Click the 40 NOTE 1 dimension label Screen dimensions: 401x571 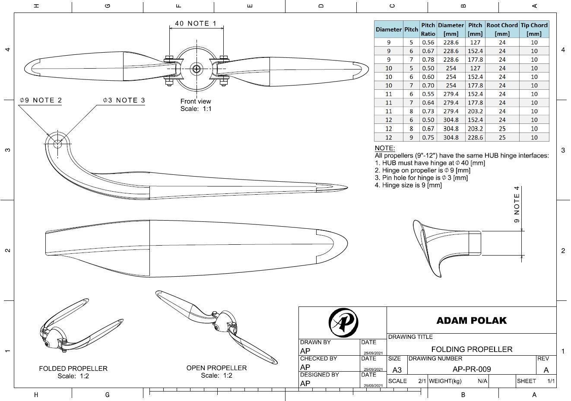click(x=196, y=23)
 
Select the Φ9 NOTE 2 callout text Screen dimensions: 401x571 click(x=41, y=100)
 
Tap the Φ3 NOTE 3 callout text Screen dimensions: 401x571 click(x=124, y=100)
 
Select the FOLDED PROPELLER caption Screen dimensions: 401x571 click(x=73, y=369)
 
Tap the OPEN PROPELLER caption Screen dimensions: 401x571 click(x=216, y=368)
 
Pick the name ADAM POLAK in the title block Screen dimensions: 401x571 click(x=471, y=321)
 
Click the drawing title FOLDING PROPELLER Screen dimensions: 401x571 click(x=472, y=349)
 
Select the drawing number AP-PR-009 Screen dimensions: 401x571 click(x=472, y=369)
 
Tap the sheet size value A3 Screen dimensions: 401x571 click(x=397, y=370)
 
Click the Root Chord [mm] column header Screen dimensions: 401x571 click(x=502, y=29)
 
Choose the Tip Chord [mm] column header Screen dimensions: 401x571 click(x=534, y=29)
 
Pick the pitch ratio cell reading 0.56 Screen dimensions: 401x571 click(x=428, y=42)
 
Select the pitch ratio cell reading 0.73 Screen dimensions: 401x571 click(x=428, y=111)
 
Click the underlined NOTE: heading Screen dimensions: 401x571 click(x=384, y=148)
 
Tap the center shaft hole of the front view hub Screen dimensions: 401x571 click(x=197, y=69)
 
